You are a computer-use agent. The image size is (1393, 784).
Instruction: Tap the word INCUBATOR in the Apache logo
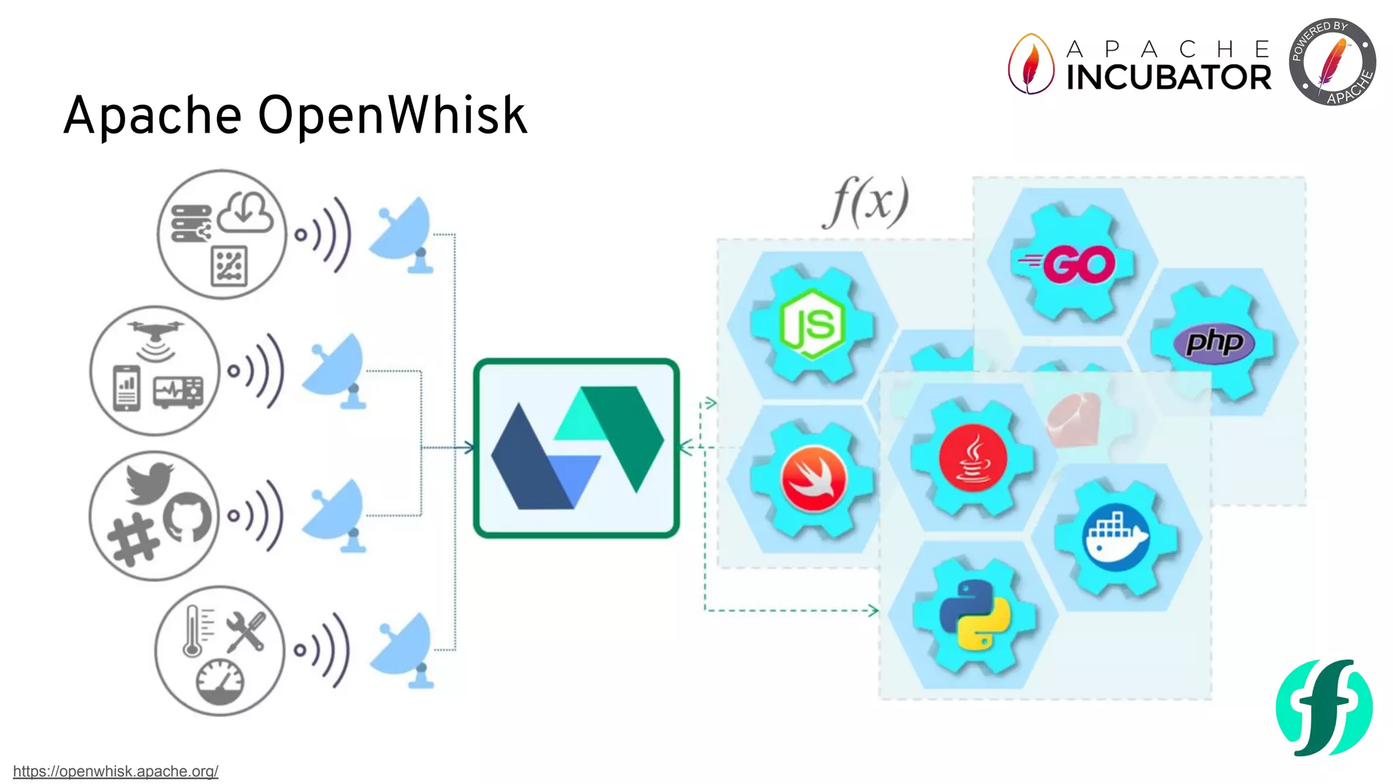(1168, 78)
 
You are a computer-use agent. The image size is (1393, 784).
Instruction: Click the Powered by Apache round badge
(1332, 62)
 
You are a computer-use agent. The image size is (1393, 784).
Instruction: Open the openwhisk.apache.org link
(116, 771)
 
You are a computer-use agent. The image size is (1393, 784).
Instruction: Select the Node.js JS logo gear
(811, 325)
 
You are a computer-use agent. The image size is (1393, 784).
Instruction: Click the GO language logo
(1073, 264)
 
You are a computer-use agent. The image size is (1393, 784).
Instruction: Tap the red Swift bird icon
(813, 478)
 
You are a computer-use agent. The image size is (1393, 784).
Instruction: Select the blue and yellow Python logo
(974, 615)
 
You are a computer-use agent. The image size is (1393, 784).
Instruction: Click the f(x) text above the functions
(866, 202)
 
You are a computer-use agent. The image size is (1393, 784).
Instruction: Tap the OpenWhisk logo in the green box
(576, 448)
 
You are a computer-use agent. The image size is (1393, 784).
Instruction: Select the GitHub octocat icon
(187, 517)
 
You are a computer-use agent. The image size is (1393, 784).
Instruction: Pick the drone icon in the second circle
(156, 333)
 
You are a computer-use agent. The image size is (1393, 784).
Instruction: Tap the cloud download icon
(246, 213)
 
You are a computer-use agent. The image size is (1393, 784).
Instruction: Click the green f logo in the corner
(1324, 707)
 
